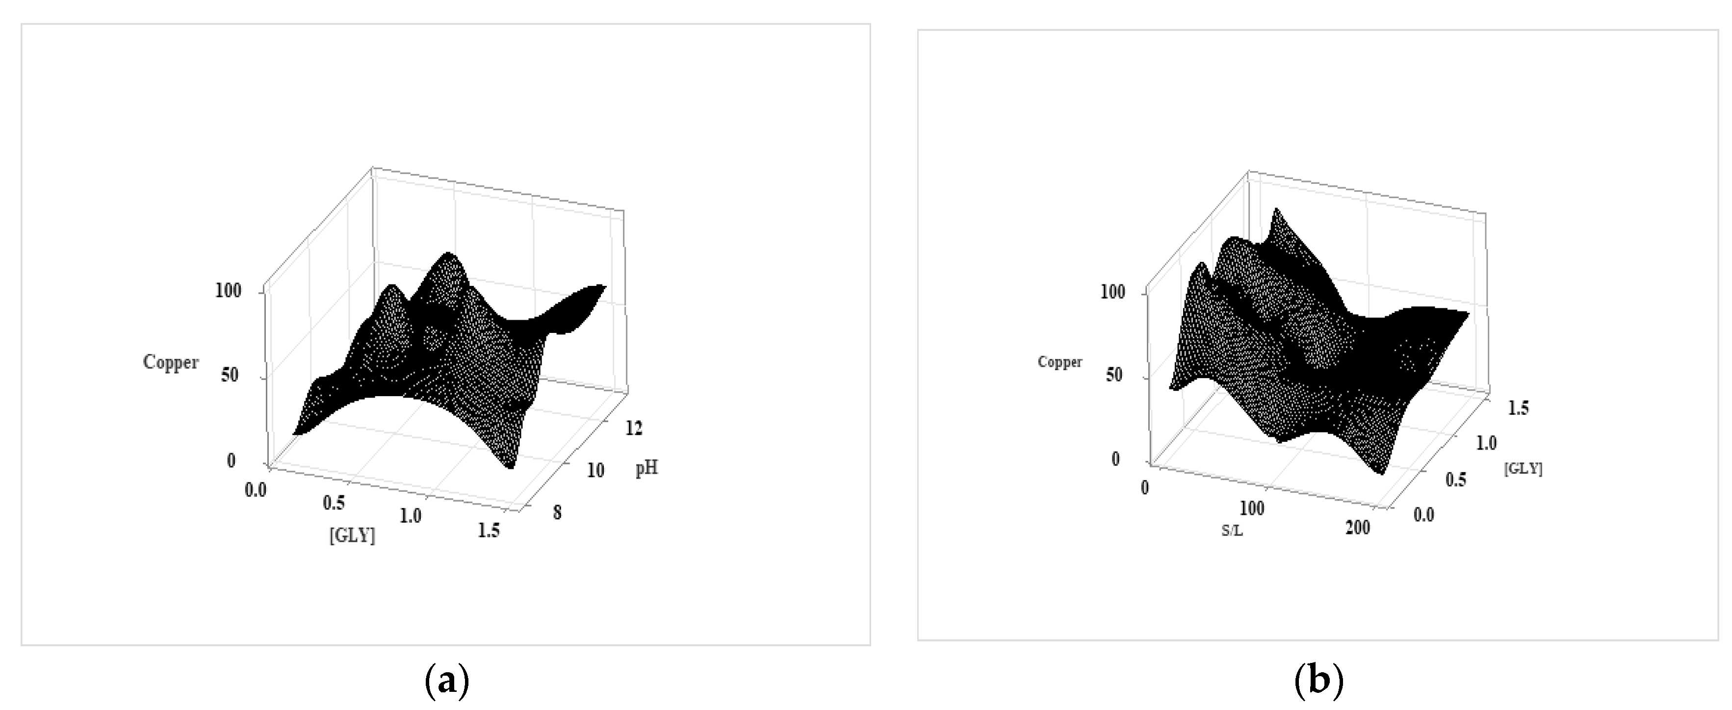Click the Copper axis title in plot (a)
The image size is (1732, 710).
click(171, 362)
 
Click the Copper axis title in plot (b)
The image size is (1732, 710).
click(1060, 362)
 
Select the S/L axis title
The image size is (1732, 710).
click(1232, 531)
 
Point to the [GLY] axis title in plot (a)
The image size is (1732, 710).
click(352, 536)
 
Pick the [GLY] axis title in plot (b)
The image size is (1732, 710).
click(1523, 469)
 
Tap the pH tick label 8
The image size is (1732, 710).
click(557, 513)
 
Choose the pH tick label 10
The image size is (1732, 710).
click(595, 471)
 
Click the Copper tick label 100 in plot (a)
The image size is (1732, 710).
click(228, 291)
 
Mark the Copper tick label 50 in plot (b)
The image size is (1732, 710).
click(1114, 375)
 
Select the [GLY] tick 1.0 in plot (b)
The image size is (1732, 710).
click(1486, 444)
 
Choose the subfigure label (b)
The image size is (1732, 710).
click(1318, 682)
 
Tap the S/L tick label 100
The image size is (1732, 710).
click(1252, 508)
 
